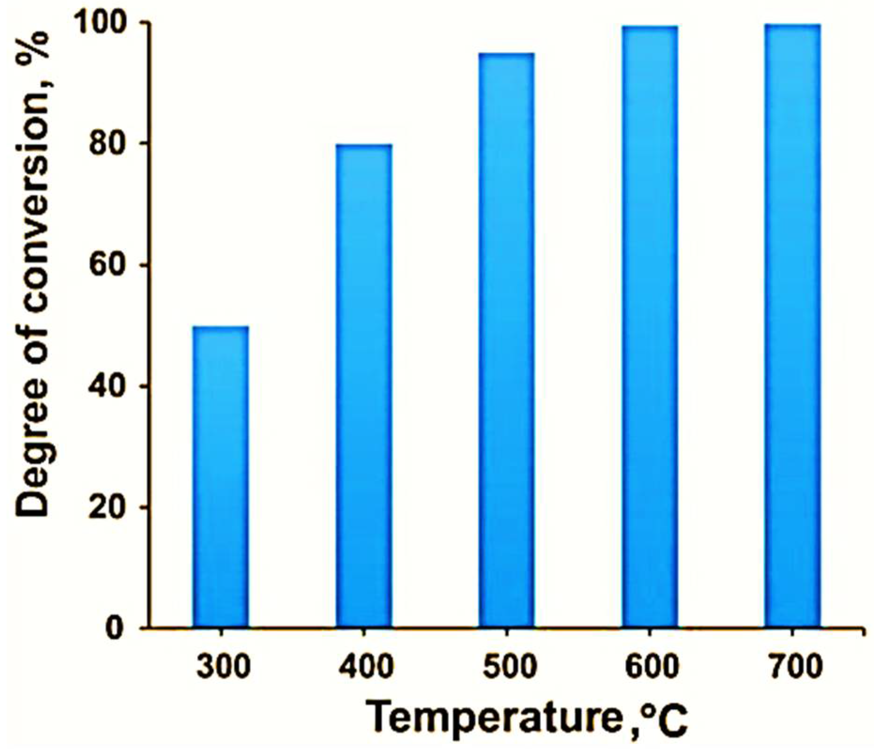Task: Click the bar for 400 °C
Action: point(364,386)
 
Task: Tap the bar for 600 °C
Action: point(650,326)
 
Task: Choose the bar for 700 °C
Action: point(792,326)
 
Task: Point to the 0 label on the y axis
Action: point(113,628)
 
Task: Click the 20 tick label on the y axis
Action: point(104,507)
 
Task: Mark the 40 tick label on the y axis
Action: point(104,386)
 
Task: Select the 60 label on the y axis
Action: point(104,265)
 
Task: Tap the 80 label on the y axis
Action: point(104,144)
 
